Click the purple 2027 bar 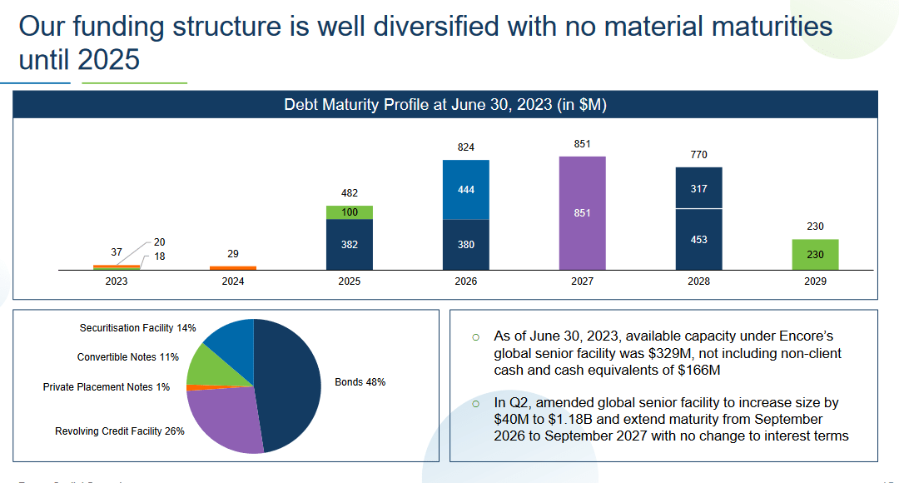(x=582, y=213)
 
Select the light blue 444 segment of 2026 (x=465, y=190)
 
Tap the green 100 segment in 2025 (x=349, y=212)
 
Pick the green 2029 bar (x=815, y=255)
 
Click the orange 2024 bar (x=232, y=267)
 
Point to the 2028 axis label (x=698, y=281)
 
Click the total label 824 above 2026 (x=465, y=147)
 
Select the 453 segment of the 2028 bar (x=698, y=240)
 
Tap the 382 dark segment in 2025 (x=349, y=245)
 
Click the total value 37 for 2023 (x=117, y=251)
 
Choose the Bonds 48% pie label (x=360, y=382)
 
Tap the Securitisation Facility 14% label (x=137, y=328)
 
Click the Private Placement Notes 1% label (x=106, y=387)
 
